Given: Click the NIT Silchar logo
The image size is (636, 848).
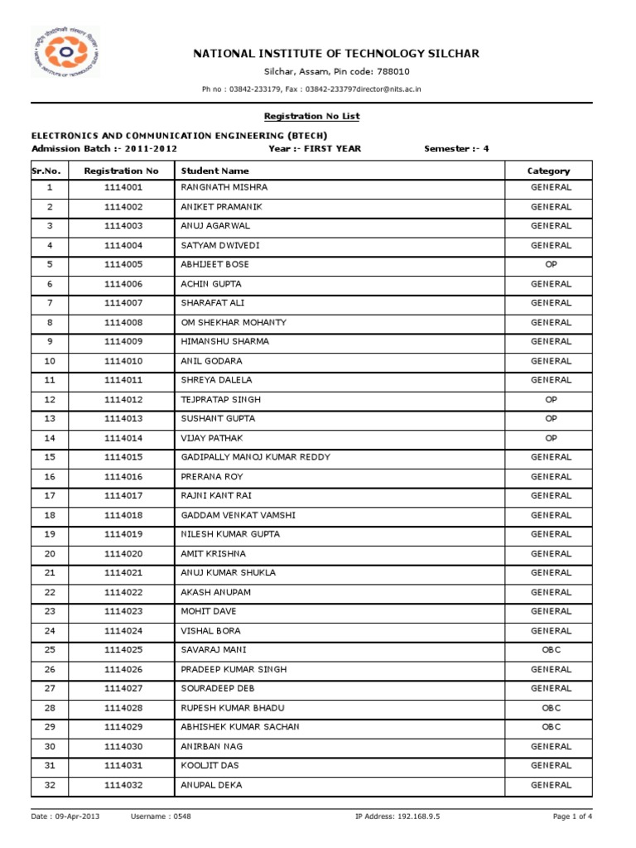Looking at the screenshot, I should point(65,52).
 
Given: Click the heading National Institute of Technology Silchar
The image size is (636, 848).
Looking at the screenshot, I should point(335,54).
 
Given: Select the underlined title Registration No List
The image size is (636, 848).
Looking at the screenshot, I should point(311,117).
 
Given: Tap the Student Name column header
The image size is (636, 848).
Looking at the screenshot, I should point(214,171).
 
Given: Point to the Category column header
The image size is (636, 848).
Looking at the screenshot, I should point(548,171).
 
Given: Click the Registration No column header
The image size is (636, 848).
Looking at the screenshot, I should point(121,171).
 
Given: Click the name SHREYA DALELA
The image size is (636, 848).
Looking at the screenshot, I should point(216,380).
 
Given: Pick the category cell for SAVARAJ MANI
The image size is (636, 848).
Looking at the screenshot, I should point(551,650).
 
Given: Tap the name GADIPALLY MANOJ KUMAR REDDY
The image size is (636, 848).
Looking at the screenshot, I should point(255,457).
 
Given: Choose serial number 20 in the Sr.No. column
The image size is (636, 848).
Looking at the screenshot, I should point(50,553).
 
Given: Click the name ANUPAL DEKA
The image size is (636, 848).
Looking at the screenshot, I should point(211,785).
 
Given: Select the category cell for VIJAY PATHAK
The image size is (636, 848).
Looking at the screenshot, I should point(551,438).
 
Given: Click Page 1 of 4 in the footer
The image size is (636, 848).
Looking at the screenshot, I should point(573,817).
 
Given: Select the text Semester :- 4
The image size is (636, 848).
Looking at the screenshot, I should point(456,149).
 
